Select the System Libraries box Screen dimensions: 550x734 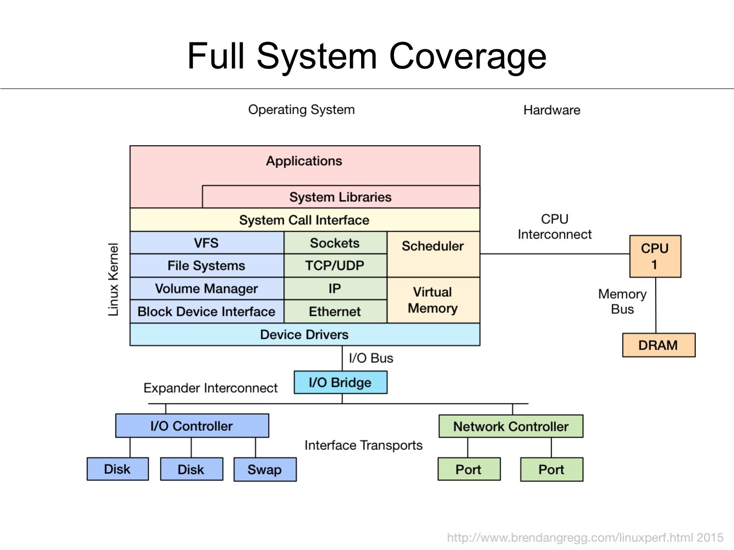[x=341, y=197]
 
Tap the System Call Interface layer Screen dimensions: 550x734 [x=304, y=220]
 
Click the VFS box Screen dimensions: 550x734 [x=206, y=243]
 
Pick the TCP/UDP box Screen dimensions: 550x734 [x=335, y=265]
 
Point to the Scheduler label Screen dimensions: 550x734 [x=433, y=246]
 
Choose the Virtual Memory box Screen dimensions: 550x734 [x=433, y=300]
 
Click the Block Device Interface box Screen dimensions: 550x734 [x=206, y=311]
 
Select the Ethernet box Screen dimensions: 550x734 [x=335, y=311]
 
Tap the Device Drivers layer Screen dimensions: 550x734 [x=304, y=334]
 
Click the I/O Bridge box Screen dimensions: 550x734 [x=340, y=382]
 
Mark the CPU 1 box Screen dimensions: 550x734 [x=655, y=257]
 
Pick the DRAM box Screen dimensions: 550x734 [x=658, y=345]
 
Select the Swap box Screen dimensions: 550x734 [x=265, y=469]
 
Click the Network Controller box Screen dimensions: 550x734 [x=511, y=426]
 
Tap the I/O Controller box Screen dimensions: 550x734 [x=192, y=426]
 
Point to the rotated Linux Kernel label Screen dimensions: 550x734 [x=113, y=280]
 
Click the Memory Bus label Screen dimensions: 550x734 [x=622, y=302]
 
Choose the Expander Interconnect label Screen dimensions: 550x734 [x=210, y=388]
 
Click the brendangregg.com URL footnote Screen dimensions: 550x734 [x=585, y=538]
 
